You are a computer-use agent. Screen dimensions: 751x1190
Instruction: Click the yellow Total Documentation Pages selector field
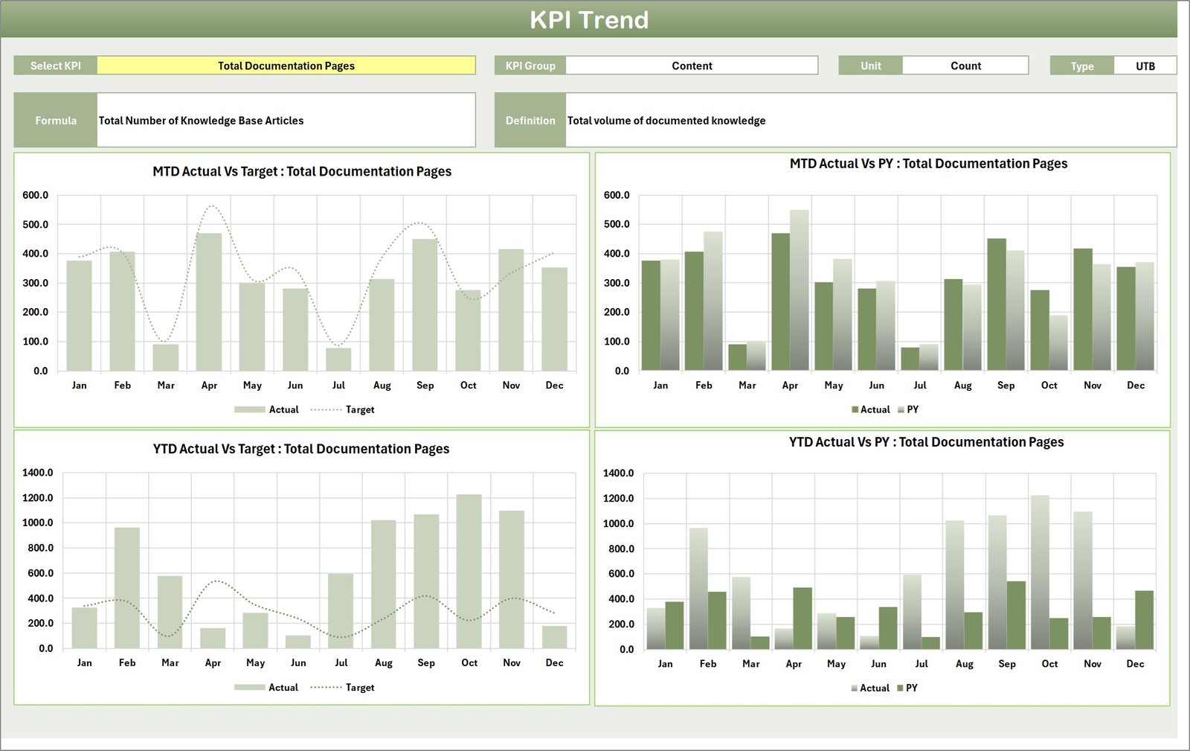(x=286, y=65)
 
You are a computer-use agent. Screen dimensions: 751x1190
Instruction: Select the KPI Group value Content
(x=692, y=65)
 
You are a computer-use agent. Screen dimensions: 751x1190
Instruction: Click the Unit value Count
(x=965, y=65)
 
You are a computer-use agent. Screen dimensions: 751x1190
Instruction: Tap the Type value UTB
(x=1145, y=66)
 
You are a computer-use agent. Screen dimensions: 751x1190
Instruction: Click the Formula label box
(x=56, y=121)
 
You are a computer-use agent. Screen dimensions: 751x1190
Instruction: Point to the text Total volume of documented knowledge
(x=666, y=121)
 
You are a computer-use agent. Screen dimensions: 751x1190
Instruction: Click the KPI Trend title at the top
(x=589, y=20)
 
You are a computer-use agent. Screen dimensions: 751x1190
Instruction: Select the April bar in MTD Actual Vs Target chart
(x=209, y=302)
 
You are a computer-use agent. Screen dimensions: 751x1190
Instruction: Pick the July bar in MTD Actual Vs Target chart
(x=338, y=359)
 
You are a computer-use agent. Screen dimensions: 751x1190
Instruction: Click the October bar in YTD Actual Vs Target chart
(x=469, y=572)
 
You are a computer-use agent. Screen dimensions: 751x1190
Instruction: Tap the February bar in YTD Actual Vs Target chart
(x=127, y=588)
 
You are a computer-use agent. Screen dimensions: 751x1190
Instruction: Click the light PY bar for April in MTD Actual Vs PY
(x=800, y=290)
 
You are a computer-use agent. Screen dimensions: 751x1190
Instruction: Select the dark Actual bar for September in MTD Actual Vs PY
(x=997, y=304)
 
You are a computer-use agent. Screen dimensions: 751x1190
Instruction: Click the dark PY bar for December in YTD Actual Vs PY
(x=1144, y=620)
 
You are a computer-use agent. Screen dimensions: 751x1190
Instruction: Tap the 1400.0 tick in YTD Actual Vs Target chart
(x=38, y=473)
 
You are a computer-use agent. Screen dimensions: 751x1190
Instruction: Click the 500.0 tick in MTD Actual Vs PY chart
(x=617, y=224)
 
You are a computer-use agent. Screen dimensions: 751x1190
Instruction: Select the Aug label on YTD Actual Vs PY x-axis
(x=964, y=664)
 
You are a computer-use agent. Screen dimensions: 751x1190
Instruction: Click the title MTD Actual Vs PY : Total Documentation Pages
(x=928, y=164)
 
